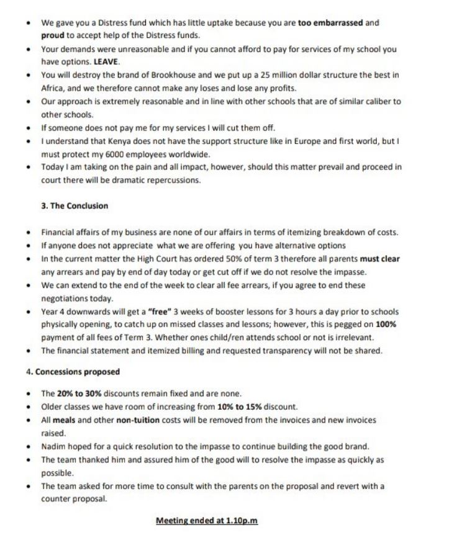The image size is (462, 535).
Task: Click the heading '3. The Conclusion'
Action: pos(75,205)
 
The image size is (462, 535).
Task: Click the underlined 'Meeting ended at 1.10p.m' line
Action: pos(206,520)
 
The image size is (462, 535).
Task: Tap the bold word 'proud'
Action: pos(53,35)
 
